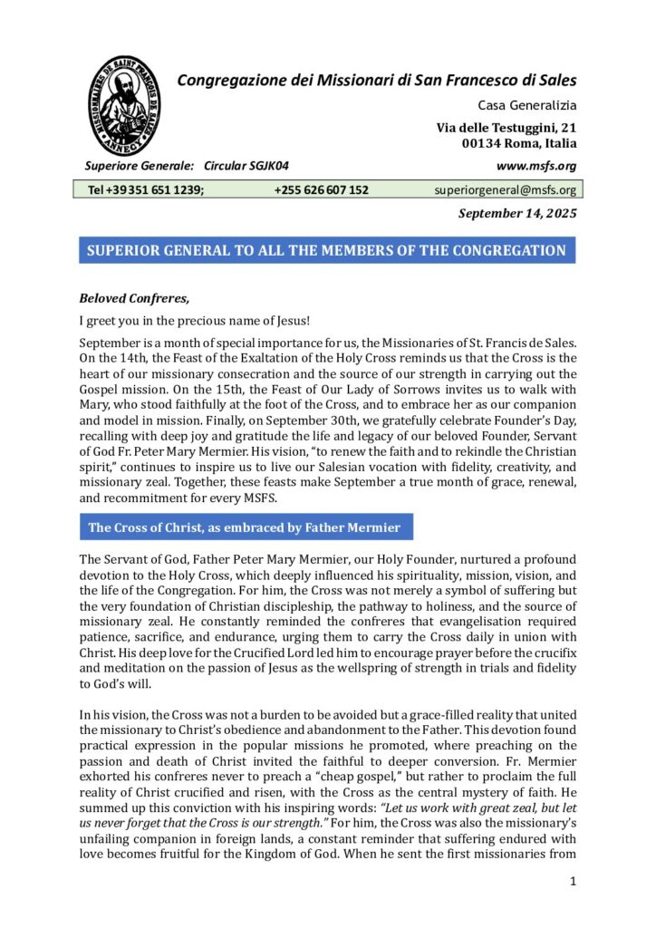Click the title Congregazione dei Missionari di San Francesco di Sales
point(376,80)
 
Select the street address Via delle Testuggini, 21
point(506,128)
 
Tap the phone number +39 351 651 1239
point(145,190)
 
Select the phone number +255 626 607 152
point(321,190)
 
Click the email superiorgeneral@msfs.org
point(505,190)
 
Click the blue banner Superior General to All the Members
point(326,251)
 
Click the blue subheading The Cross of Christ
point(245,527)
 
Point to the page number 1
point(573,880)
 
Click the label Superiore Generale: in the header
point(139,166)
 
